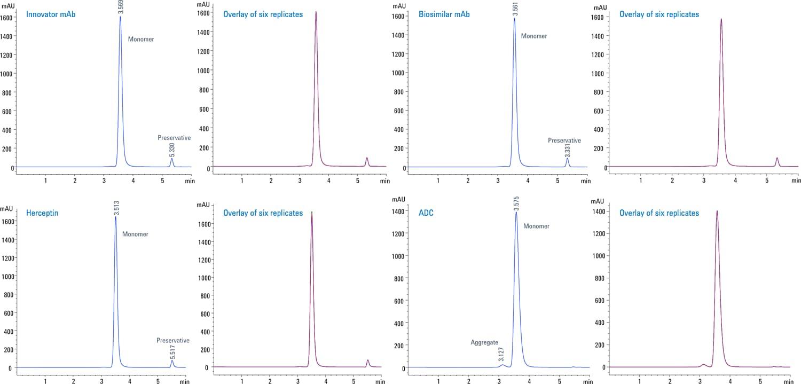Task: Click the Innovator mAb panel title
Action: tap(51, 14)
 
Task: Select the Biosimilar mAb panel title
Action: tap(444, 14)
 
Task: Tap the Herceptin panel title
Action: tap(42, 213)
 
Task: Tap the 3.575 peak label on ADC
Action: tap(516, 205)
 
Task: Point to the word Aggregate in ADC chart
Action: tap(484, 342)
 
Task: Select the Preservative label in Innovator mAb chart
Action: tap(174, 138)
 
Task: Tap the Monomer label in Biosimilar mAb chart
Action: tap(534, 36)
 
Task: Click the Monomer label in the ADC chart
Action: tap(536, 226)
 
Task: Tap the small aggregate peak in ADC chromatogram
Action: tap(502, 365)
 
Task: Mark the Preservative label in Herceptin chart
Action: tap(173, 340)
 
